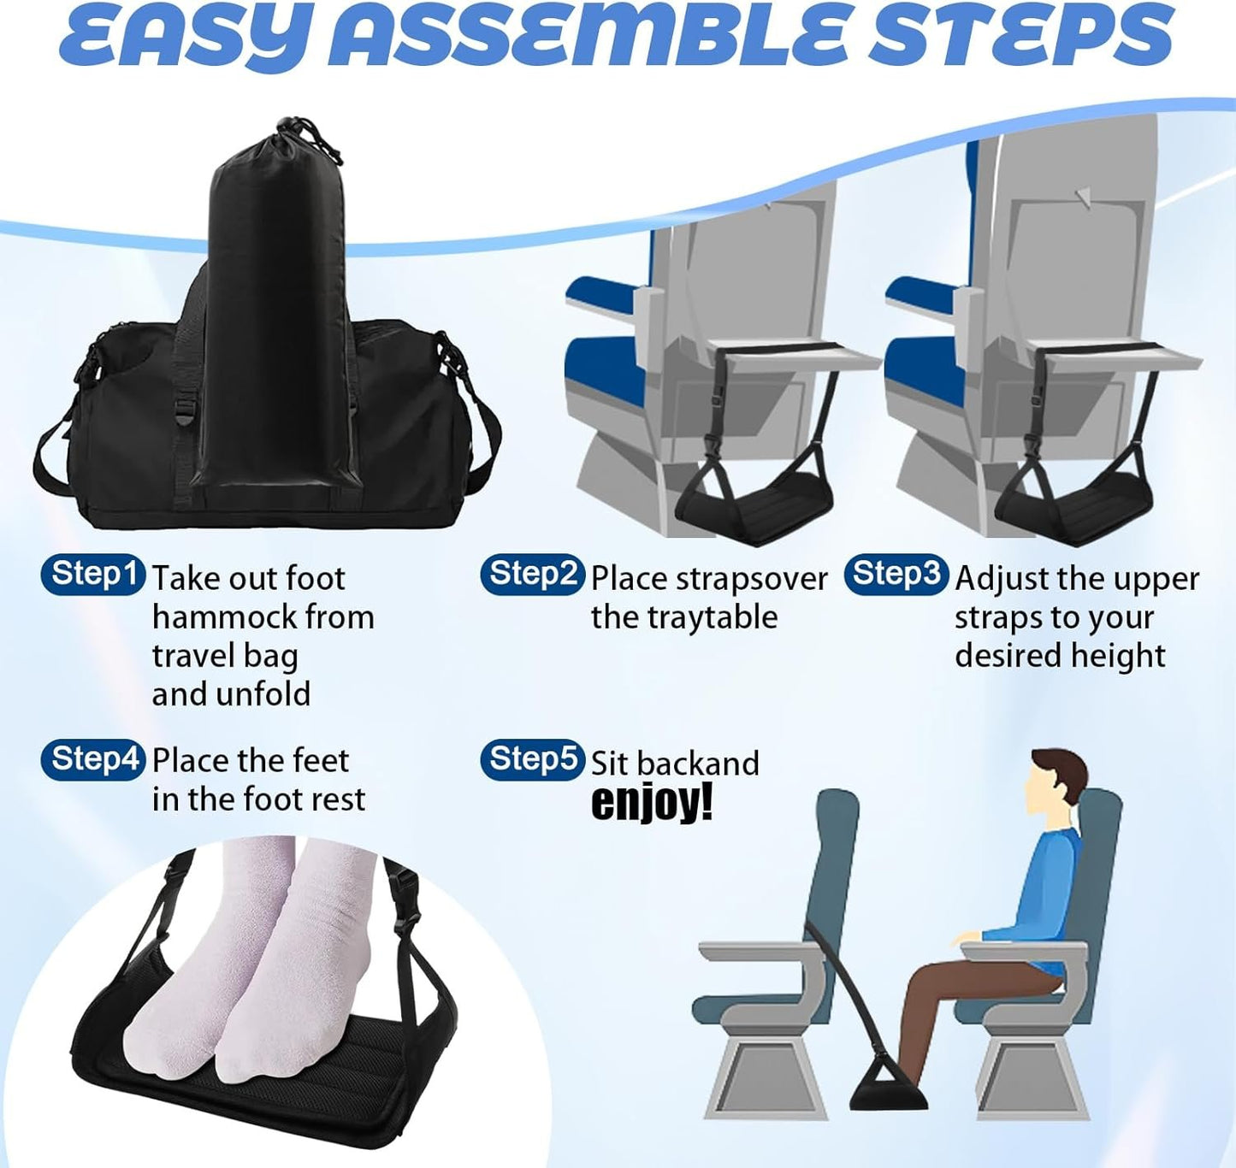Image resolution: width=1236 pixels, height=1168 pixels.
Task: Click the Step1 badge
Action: tap(92, 575)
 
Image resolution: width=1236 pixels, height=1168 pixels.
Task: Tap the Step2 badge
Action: tap(532, 575)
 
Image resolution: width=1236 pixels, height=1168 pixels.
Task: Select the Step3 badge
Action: tap(896, 575)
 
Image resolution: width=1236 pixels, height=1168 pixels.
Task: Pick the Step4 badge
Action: tap(92, 759)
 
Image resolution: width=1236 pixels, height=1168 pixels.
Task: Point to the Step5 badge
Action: tap(532, 759)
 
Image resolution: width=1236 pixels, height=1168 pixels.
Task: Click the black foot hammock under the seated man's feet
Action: tap(890, 1088)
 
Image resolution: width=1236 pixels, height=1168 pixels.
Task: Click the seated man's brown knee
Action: tap(924, 983)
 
